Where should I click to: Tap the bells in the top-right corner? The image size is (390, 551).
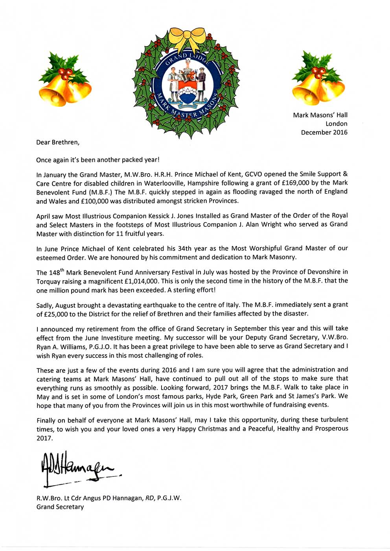pos(318,80)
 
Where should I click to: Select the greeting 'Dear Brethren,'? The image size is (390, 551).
pos(58,142)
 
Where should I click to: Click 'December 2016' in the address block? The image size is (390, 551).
pos(324,132)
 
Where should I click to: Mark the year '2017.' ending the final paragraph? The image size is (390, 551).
pos(44,438)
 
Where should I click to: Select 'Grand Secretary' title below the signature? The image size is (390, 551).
pos(60,507)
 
